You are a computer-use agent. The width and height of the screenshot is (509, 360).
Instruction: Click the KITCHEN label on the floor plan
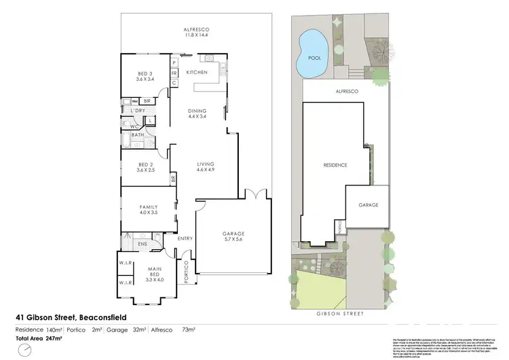tap(197, 72)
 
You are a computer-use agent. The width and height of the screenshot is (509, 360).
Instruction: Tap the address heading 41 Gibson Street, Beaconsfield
tap(71, 317)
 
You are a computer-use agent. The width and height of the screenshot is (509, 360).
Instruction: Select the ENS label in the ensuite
tap(143, 243)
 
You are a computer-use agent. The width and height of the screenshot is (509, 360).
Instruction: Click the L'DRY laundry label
tap(138, 110)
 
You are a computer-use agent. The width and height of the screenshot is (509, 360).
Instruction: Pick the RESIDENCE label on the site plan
tap(335, 165)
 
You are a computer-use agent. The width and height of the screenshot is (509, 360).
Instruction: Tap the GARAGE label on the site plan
tap(369, 204)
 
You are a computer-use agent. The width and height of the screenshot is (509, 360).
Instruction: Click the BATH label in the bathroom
tap(138, 135)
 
